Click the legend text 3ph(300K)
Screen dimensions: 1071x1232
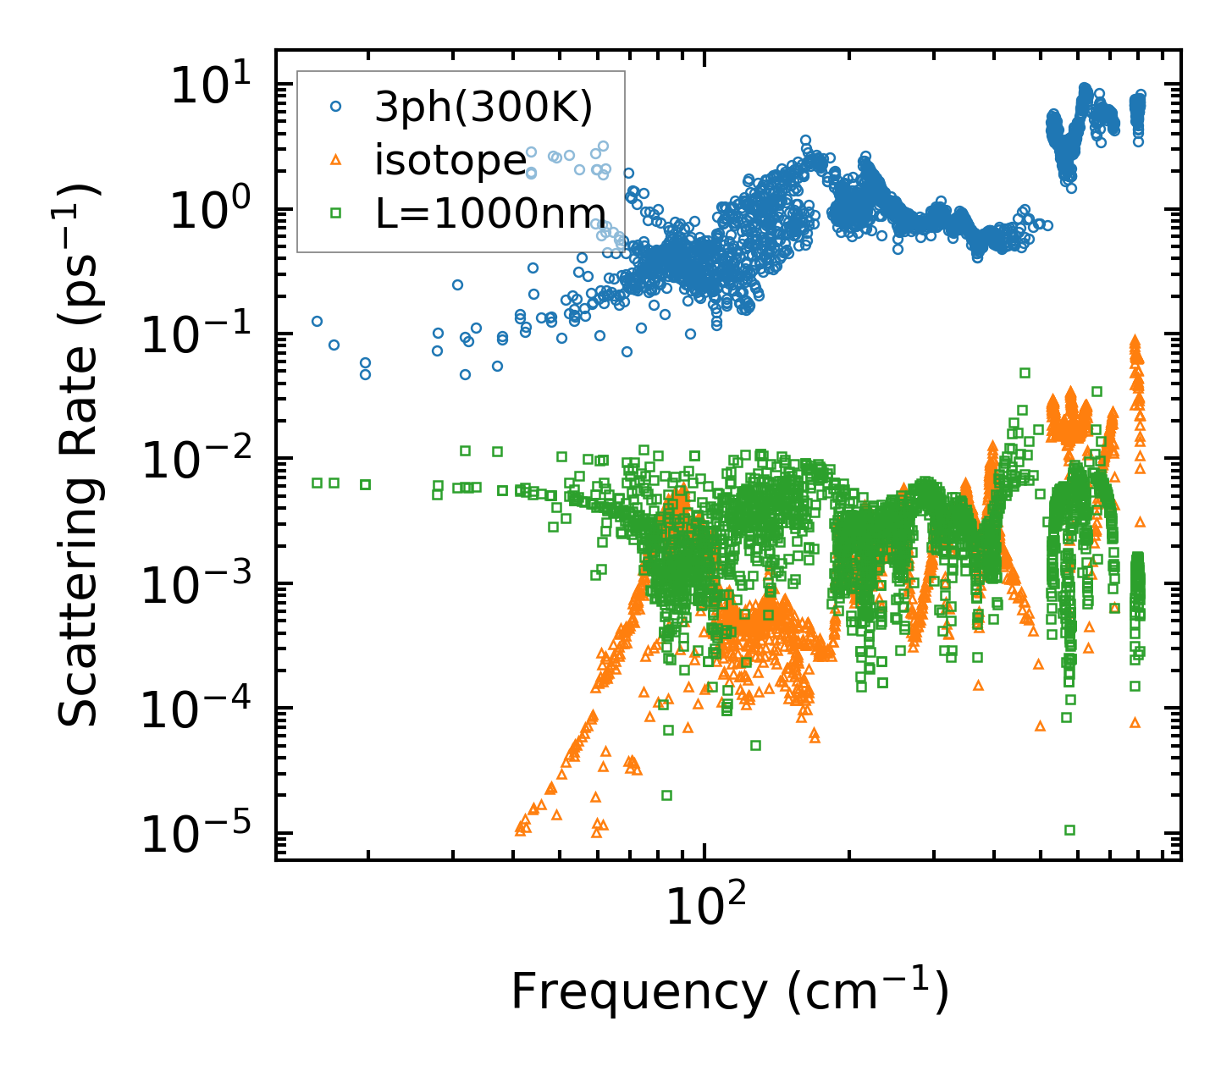tap(483, 108)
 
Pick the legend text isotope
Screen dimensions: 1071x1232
tap(450, 160)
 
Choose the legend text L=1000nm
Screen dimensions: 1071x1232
tap(490, 213)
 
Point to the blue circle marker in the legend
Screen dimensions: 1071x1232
tap(336, 107)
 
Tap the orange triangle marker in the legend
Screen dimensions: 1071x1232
tap(336, 159)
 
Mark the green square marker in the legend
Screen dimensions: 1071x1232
tap(336, 213)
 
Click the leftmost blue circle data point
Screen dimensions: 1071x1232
tap(317, 322)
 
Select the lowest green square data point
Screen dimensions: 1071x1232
tap(1069, 830)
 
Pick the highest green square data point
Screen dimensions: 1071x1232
tap(1025, 373)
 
